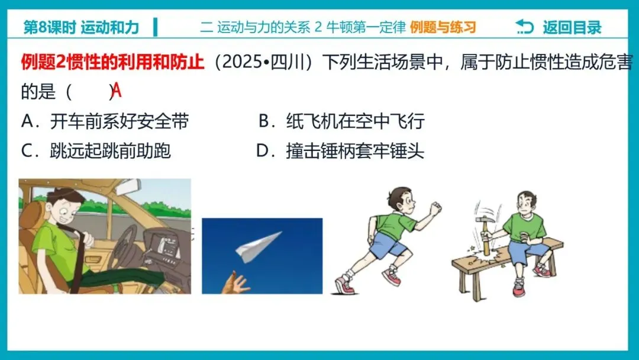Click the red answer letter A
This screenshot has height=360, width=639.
[117, 90]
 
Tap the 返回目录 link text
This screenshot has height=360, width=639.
[572, 27]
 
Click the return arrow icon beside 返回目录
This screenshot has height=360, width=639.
[524, 27]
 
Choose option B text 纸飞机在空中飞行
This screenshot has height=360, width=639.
[355, 121]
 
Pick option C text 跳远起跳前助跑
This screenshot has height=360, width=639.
[110, 151]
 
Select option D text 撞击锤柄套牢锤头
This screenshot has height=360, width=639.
[355, 151]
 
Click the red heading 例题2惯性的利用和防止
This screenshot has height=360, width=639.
[112, 62]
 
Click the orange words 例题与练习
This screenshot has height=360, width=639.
[443, 27]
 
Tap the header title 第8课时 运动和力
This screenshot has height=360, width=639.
[81, 27]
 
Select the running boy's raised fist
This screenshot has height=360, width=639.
[435, 208]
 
